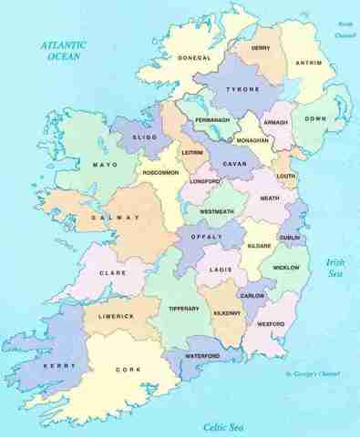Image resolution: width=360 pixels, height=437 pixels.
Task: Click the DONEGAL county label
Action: [193, 57]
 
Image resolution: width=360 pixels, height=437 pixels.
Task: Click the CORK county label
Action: [128, 370]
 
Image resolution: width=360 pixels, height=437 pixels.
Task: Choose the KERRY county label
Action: [57, 365]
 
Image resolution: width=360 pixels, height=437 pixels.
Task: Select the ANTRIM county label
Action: [310, 63]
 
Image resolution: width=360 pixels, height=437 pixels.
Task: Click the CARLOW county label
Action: [252, 297]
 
